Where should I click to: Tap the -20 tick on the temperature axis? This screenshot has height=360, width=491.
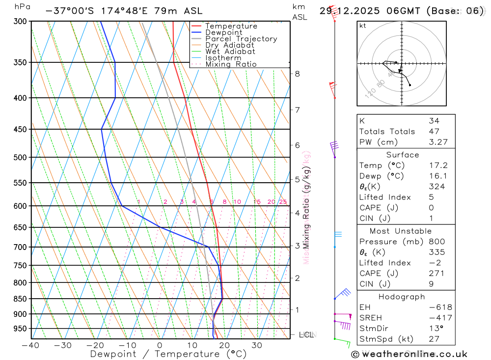click(95, 345)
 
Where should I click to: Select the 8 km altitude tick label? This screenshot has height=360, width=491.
click(297, 74)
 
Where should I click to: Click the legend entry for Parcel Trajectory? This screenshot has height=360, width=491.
click(241, 39)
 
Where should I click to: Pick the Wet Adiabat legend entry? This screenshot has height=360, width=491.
click(230, 52)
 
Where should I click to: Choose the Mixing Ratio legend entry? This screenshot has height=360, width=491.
click(231, 64)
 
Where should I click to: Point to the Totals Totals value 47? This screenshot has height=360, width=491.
click(434, 131)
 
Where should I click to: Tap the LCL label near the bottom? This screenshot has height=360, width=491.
click(306, 335)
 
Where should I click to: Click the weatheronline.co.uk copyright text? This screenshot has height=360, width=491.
click(409, 354)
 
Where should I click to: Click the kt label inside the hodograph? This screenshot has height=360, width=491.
click(363, 26)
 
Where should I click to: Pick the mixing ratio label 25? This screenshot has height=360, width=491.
click(283, 202)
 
